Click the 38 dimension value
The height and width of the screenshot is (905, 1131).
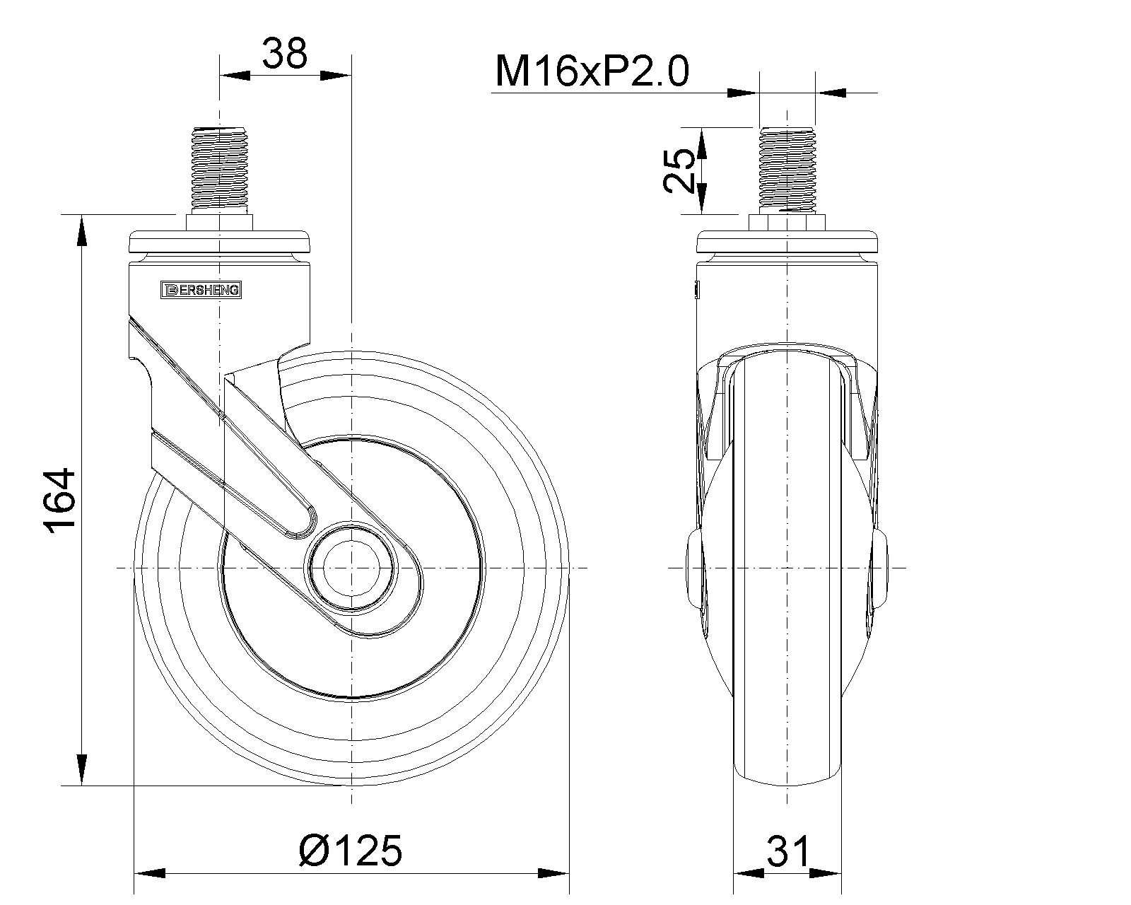point(284,54)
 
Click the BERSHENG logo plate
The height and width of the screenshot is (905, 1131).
point(201,290)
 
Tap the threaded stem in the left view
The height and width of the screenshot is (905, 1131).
point(220,166)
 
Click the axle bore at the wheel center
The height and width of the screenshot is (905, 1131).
point(351,568)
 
